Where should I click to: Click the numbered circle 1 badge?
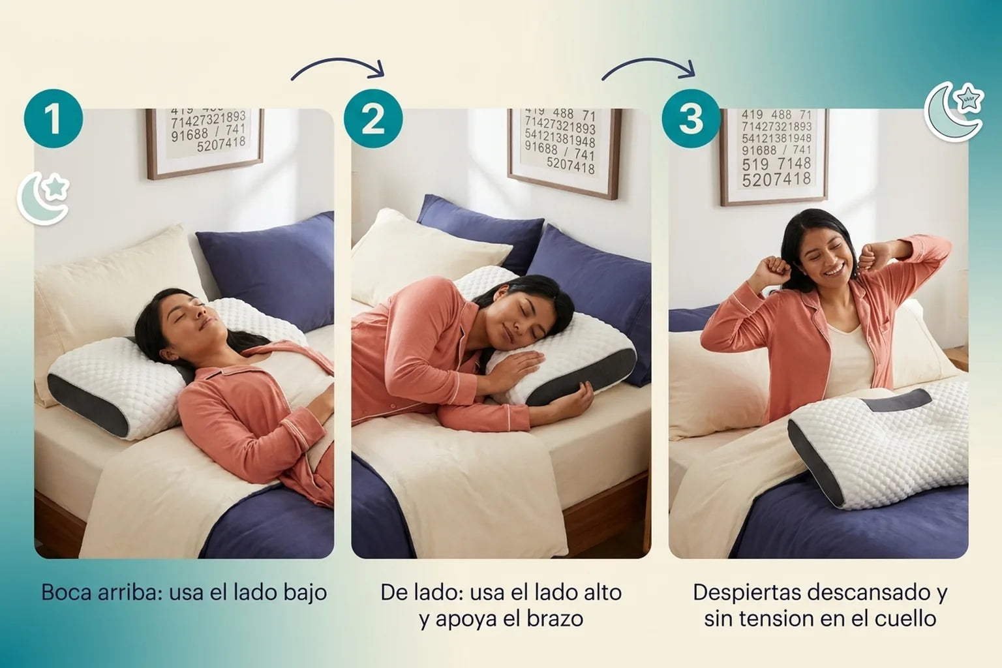53,119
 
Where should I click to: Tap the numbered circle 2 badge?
373,119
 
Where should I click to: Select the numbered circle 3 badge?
691,119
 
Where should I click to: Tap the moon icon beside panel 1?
44,199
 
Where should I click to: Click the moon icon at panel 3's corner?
954,112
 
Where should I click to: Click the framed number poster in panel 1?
205,143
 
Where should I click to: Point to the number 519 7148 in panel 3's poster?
776,164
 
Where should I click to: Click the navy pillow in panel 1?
267,269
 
